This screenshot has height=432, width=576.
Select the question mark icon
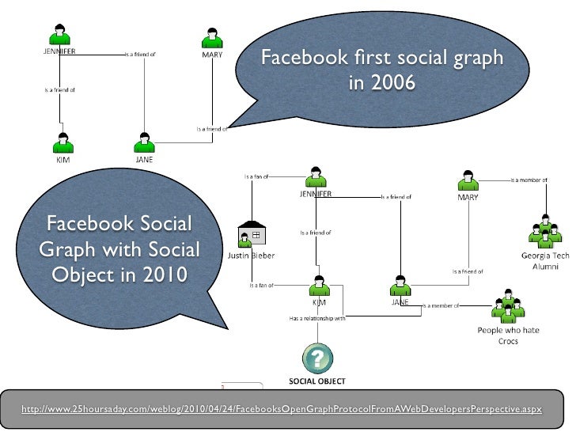pos(316,357)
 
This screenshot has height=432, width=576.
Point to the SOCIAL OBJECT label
pos(316,381)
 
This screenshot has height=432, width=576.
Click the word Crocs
pos(507,341)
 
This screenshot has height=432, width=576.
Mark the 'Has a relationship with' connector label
pos(316,319)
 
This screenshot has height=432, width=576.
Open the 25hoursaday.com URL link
pos(282,408)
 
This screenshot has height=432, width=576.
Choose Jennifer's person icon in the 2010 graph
pos(316,177)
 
